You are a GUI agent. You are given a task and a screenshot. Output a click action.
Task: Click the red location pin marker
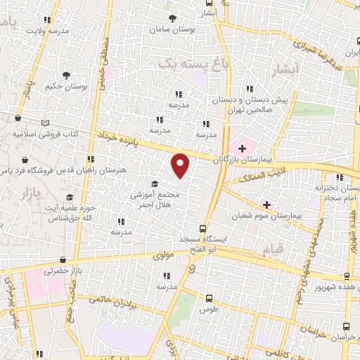click(181, 165)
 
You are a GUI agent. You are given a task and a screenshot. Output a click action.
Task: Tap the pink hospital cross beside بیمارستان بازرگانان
click(243, 148)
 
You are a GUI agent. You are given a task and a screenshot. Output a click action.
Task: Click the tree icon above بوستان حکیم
click(67, 75)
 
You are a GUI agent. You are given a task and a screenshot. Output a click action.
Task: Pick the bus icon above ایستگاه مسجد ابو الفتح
click(202, 229)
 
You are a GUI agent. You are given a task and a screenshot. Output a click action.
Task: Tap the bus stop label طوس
click(209, 309)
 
